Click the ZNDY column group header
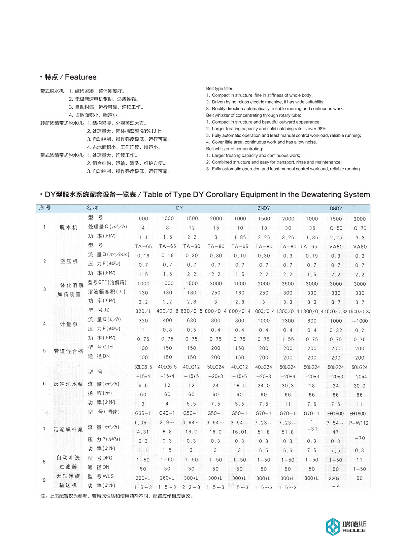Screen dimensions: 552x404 [x=264, y=208]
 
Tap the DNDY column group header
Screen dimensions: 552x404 [x=336, y=209]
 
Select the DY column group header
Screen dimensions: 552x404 [x=179, y=208]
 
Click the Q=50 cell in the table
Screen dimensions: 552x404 [x=336, y=228]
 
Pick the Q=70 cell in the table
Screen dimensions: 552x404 [x=360, y=228]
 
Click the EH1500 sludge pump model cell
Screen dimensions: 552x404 [x=336, y=414]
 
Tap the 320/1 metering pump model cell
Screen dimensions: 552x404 [x=143, y=311]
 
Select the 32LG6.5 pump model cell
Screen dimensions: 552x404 [x=143, y=367]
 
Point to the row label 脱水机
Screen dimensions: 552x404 [x=69, y=228]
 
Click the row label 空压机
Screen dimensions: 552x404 [x=69, y=261]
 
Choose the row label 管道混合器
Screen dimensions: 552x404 [x=69, y=351]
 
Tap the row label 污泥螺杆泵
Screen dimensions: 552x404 [x=68, y=430]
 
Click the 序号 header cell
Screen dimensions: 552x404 [x=45, y=208]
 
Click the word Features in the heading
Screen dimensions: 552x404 [x=81, y=77]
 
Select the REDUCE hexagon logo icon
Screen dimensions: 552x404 [x=333, y=527]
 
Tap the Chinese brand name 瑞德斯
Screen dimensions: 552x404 [x=354, y=524]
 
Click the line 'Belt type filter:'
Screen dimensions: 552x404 [x=220, y=89]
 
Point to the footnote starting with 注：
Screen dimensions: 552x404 [x=117, y=496]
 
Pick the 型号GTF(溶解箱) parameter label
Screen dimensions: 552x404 [x=107, y=282]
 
